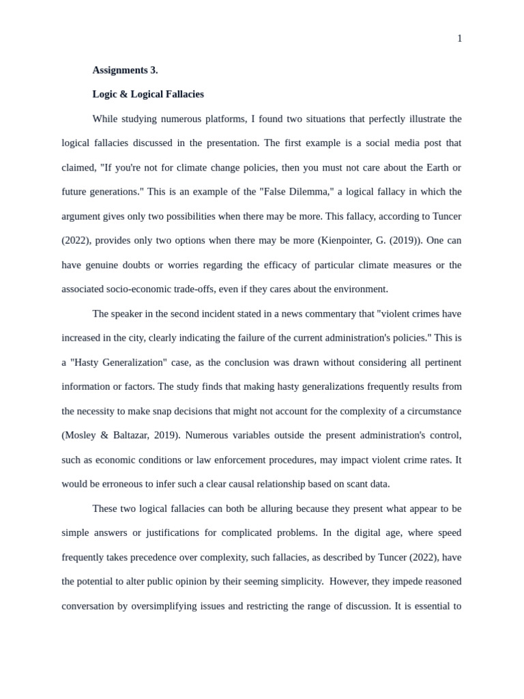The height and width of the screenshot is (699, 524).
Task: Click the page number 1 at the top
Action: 459,39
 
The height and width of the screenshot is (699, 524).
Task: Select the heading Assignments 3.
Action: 125,70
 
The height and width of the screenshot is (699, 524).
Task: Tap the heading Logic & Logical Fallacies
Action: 148,94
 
